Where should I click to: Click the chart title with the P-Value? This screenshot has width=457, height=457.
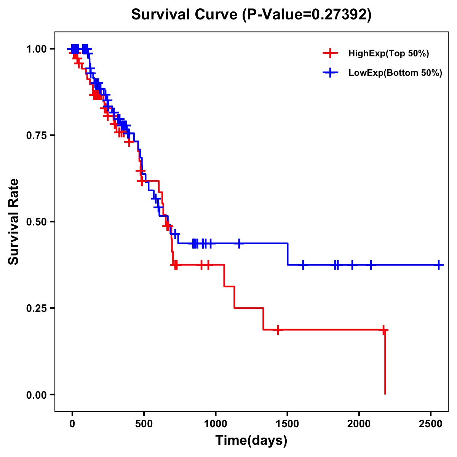click(251, 15)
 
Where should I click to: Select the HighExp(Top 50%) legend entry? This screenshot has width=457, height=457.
click(388, 54)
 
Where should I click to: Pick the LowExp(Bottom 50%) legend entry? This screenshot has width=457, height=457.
click(395, 73)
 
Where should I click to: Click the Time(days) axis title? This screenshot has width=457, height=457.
click(251, 441)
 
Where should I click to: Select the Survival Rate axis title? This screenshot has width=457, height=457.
click(14, 222)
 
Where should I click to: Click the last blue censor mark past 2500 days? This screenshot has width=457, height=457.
click(439, 265)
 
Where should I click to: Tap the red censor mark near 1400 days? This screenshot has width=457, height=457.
click(278, 329)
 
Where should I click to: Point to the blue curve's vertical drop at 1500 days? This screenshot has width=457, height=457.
click(288, 254)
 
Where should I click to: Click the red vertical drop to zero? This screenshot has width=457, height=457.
click(385, 362)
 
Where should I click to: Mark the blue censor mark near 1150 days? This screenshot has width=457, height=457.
click(239, 243)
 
